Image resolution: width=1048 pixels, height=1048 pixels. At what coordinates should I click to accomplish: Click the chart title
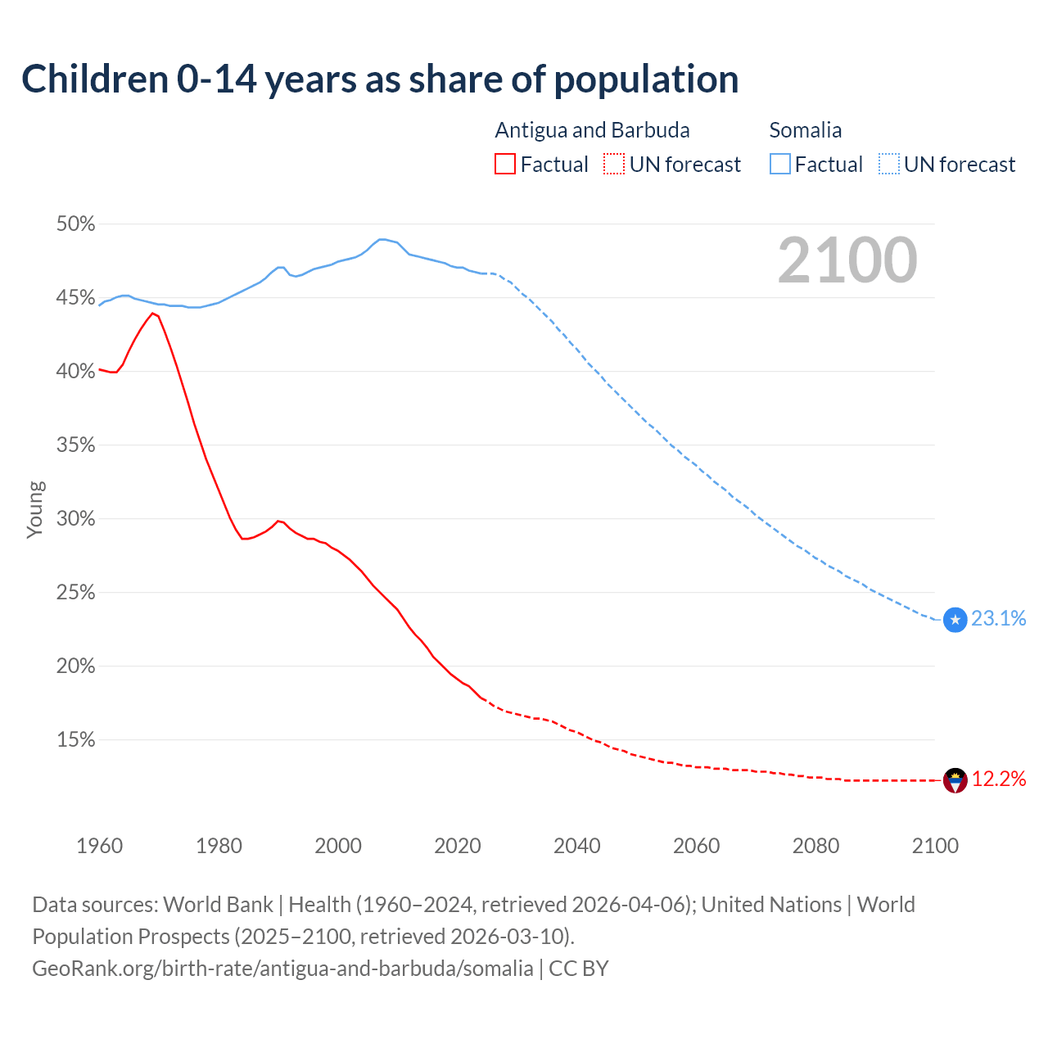pyautogui.click(x=380, y=79)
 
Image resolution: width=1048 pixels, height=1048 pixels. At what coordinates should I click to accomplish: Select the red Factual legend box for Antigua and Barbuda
pyautogui.click(x=505, y=165)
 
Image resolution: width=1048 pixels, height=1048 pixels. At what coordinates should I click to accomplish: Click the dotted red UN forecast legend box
pyautogui.click(x=614, y=165)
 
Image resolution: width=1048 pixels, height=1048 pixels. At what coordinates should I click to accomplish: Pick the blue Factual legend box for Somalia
pyautogui.click(x=779, y=165)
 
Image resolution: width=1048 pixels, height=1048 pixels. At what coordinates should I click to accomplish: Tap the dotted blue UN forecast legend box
pyautogui.click(x=888, y=165)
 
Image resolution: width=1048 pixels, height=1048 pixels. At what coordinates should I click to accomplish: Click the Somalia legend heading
pyautogui.click(x=805, y=130)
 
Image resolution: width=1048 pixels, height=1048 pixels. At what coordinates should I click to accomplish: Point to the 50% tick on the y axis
pyautogui.click(x=75, y=224)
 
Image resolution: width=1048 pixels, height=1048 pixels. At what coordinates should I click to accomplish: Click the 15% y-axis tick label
pyautogui.click(x=75, y=740)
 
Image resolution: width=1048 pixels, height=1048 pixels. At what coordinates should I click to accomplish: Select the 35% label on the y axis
pyautogui.click(x=75, y=445)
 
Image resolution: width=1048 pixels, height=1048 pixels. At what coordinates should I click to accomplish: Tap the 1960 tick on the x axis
pyautogui.click(x=99, y=846)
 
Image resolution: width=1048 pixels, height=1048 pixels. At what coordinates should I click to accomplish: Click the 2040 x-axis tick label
pyautogui.click(x=577, y=846)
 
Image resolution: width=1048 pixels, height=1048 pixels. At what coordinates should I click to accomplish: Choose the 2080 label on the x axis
pyautogui.click(x=815, y=846)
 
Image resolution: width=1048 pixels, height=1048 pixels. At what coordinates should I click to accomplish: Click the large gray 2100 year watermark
pyautogui.click(x=847, y=260)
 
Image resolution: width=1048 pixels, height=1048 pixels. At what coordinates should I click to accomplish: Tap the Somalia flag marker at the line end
pyautogui.click(x=955, y=620)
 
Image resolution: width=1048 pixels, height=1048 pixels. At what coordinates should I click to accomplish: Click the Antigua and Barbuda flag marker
pyautogui.click(x=955, y=780)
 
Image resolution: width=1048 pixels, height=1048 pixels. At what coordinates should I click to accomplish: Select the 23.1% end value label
pyautogui.click(x=999, y=619)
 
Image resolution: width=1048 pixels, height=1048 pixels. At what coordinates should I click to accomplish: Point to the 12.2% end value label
pyautogui.click(x=999, y=779)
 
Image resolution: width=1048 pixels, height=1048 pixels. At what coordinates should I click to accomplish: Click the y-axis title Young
pyautogui.click(x=35, y=509)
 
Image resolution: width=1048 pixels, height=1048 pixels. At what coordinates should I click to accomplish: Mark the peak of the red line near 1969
pyautogui.click(x=152, y=313)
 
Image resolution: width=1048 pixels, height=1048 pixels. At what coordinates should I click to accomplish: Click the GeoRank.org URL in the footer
pyautogui.click(x=282, y=969)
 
